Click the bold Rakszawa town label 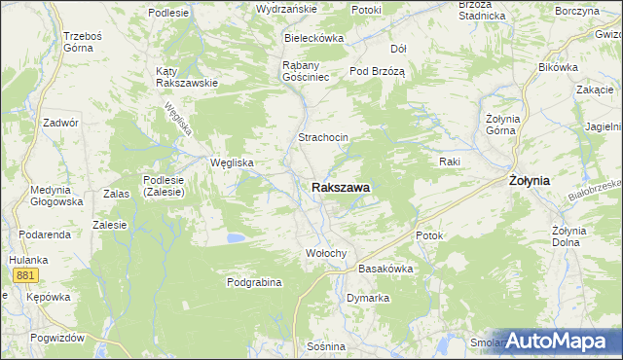pos(346,187)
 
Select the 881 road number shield pos(26,276)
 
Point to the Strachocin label pos(323,138)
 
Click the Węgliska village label pos(233,162)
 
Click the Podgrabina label pos(254,282)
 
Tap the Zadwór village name pos(60,123)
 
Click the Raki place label pos(449,161)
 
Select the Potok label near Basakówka pos(429,235)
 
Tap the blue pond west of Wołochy pos(235,236)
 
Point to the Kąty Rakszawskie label pos(186,77)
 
